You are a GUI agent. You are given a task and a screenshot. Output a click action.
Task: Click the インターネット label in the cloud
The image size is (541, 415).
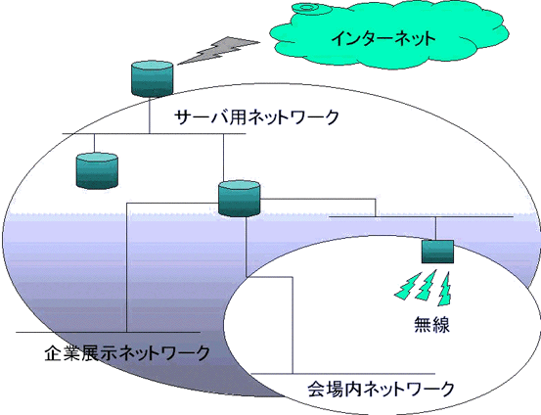click(x=383, y=38)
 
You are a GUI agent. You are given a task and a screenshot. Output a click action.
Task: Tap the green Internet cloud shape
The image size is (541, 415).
click(x=389, y=37)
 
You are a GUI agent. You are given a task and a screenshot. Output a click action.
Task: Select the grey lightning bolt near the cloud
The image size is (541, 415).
click(x=218, y=50)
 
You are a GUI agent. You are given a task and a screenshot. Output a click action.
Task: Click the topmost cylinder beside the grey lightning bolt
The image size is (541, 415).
click(x=152, y=78)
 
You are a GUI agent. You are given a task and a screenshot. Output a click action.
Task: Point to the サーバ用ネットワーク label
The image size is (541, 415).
click(x=256, y=117)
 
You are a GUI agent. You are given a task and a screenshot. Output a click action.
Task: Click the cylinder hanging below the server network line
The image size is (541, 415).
click(x=97, y=171)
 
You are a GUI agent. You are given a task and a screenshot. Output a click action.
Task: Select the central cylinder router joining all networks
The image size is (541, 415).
click(x=240, y=199)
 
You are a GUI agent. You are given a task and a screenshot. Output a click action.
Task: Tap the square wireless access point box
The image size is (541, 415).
click(x=437, y=252)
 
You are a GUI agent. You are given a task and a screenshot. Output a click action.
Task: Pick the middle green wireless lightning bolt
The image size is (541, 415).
click(x=427, y=285)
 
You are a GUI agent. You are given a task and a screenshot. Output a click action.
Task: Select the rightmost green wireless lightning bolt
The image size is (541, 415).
click(x=444, y=289)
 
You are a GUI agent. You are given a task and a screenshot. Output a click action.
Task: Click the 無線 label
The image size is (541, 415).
click(x=432, y=325)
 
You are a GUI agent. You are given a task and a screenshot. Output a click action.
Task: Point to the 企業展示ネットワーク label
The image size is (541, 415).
click(x=127, y=353)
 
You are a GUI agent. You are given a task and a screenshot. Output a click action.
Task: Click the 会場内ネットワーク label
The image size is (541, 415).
click(x=381, y=389)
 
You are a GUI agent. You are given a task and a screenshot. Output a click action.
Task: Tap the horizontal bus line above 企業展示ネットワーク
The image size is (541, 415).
click(x=108, y=332)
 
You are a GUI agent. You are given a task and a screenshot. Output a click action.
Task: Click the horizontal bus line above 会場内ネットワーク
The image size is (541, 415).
click(x=343, y=374)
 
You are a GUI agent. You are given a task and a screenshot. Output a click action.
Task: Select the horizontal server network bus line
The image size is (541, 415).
click(x=154, y=133)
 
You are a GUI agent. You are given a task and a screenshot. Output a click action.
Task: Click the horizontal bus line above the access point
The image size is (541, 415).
click(x=422, y=217)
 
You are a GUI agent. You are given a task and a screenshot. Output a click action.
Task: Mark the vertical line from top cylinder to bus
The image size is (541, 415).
click(x=150, y=115)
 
